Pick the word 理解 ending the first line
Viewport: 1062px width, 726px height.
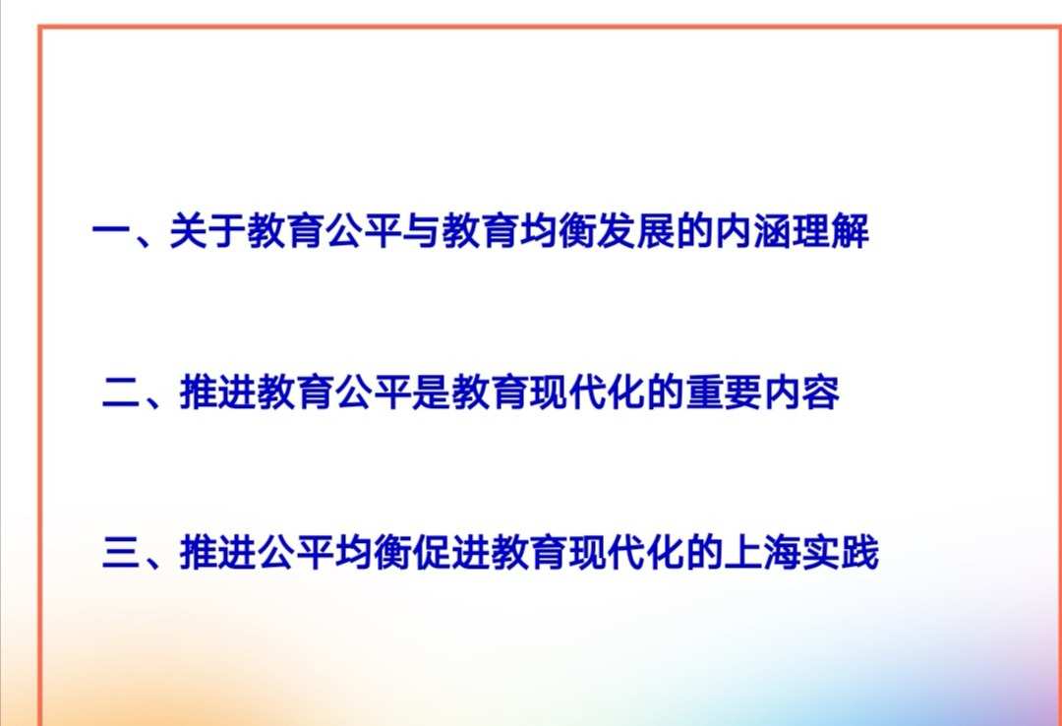coord(831,235)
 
